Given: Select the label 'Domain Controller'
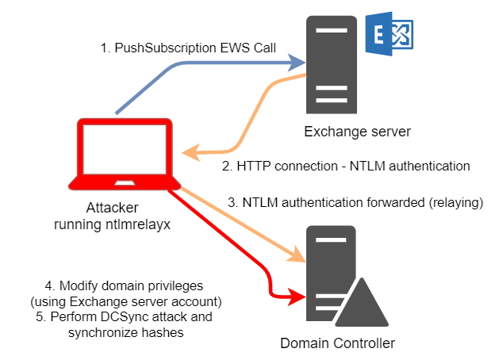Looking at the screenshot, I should tap(337, 343).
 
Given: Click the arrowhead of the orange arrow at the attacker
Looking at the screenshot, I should tap(188, 151).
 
